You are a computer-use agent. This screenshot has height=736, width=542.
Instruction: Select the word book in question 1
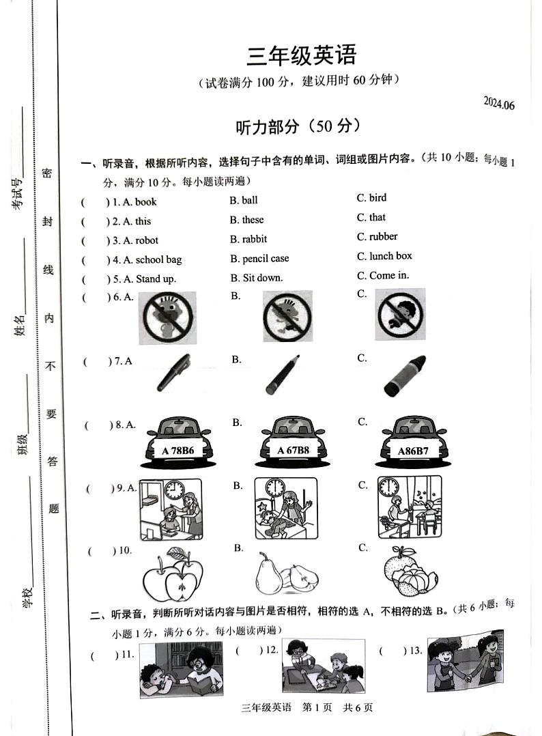pos(145,201)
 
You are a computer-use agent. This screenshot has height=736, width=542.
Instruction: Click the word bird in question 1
pos(377,198)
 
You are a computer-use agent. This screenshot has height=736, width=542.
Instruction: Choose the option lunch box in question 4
pos(390,256)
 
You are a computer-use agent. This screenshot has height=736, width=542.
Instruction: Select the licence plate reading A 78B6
pos(178,451)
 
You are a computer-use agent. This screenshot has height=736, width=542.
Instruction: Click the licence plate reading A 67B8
pos(293,451)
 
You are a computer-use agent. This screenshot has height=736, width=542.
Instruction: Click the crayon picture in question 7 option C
pos(404,376)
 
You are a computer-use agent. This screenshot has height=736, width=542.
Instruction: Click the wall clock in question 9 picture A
pos(174,490)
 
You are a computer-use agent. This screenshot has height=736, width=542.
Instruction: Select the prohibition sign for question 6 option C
pos(400,314)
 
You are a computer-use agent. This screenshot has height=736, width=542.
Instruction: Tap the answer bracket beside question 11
pos(100,655)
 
